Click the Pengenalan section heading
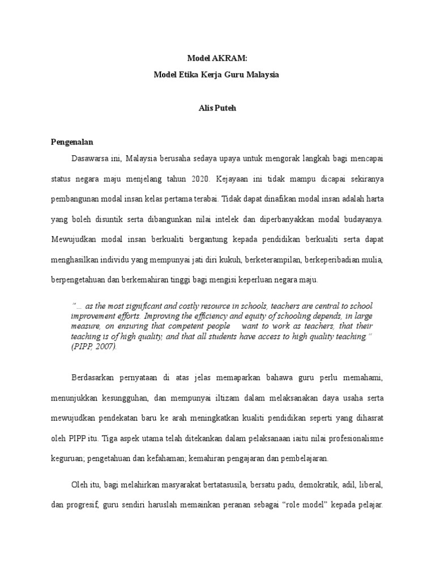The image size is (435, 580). tap(72, 142)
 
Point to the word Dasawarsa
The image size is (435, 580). tap(89, 156)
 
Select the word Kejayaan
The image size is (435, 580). tap(233, 178)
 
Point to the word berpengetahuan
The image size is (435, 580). tap(79, 280)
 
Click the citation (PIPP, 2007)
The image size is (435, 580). tap(94, 346)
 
